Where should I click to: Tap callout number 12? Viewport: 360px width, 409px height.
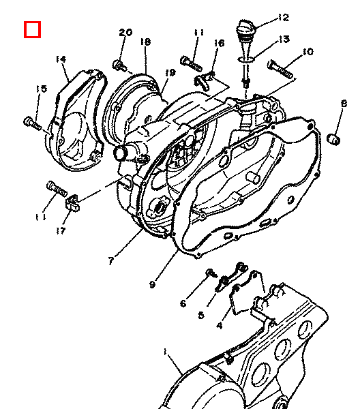[284, 18]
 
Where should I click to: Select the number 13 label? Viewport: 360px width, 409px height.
[284, 39]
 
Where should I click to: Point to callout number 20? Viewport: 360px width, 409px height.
[125, 32]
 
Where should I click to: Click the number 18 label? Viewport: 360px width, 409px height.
[145, 42]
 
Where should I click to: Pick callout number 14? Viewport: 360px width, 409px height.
[61, 59]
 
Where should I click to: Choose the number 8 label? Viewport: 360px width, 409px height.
[344, 104]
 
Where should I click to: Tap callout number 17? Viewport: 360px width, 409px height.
[61, 230]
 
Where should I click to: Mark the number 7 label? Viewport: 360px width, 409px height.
[111, 260]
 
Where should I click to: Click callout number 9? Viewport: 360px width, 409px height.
[152, 284]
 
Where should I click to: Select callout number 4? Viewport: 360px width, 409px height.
[220, 325]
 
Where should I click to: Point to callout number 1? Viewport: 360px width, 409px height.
[165, 352]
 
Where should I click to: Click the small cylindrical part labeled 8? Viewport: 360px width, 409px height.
[334, 139]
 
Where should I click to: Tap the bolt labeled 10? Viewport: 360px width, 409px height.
[280, 69]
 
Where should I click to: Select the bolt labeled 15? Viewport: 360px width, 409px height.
[32, 123]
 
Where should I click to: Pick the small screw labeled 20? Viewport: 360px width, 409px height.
[119, 65]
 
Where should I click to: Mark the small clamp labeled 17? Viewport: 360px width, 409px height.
[73, 202]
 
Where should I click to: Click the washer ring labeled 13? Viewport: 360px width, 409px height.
[246, 60]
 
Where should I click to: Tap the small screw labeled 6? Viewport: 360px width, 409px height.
[211, 273]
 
